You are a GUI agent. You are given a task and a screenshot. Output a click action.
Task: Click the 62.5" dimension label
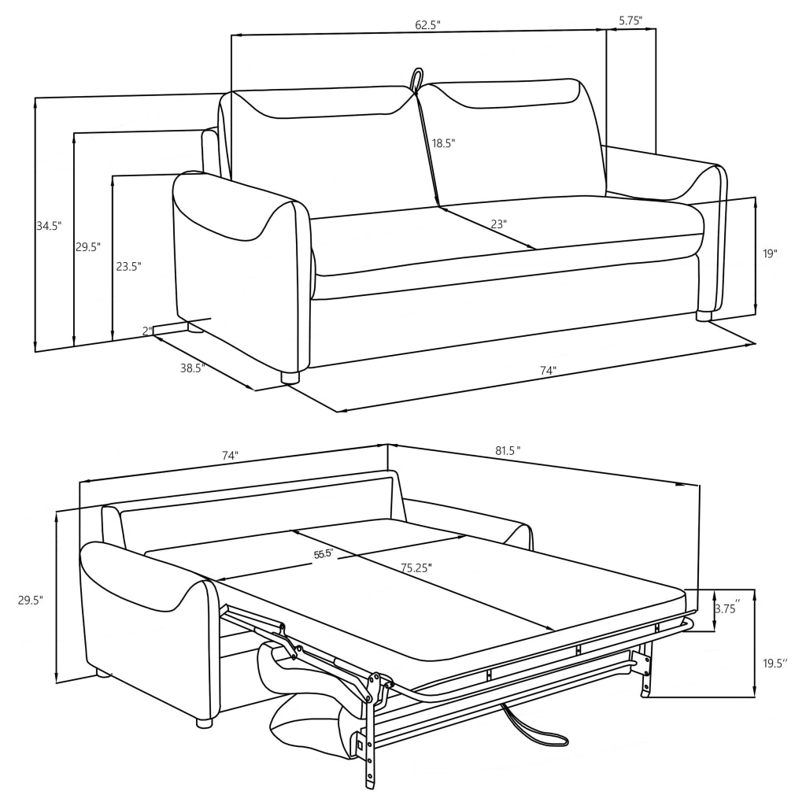[x=427, y=24]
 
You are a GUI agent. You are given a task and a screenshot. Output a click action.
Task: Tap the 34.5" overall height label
[x=48, y=226]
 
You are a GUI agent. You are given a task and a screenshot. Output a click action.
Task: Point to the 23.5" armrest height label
[x=128, y=266]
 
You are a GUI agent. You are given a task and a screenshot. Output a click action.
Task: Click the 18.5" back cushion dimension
[x=443, y=143]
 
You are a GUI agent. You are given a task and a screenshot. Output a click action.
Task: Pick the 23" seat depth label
[x=498, y=224]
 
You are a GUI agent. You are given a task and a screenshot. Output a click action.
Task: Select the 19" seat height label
[x=769, y=253]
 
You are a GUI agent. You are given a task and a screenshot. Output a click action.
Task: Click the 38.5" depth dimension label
[x=192, y=368]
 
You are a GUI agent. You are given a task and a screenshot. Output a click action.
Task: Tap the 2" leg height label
[x=147, y=331]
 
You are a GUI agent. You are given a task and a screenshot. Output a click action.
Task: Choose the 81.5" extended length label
[x=508, y=450]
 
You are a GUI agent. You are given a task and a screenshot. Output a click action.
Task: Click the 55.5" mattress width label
[x=324, y=554]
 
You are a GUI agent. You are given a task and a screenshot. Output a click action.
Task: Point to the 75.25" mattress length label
[x=416, y=568]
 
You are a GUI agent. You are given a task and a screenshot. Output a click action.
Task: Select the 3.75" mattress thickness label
[x=726, y=609]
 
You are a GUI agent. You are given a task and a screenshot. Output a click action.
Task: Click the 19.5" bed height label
[x=775, y=663]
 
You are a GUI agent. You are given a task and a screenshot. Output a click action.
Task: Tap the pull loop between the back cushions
[x=415, y=79]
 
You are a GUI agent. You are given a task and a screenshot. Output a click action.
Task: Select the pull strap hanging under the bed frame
[x=538, y=732]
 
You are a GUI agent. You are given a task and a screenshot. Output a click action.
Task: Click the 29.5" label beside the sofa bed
[x=30, y=600]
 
